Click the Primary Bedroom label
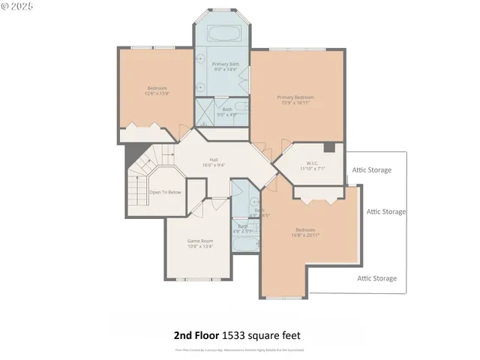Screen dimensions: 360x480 (294, 97)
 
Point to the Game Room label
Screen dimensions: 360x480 (200, 241)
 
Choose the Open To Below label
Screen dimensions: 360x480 (165, 192)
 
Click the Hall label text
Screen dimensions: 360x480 (214, 160)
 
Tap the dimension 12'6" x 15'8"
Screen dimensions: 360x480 (157, 94)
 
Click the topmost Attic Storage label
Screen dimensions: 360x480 (372, 170)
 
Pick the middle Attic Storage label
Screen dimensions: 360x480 (386, 211)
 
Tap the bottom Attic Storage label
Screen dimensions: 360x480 (376, 278)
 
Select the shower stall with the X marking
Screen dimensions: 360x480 (205, 112)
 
